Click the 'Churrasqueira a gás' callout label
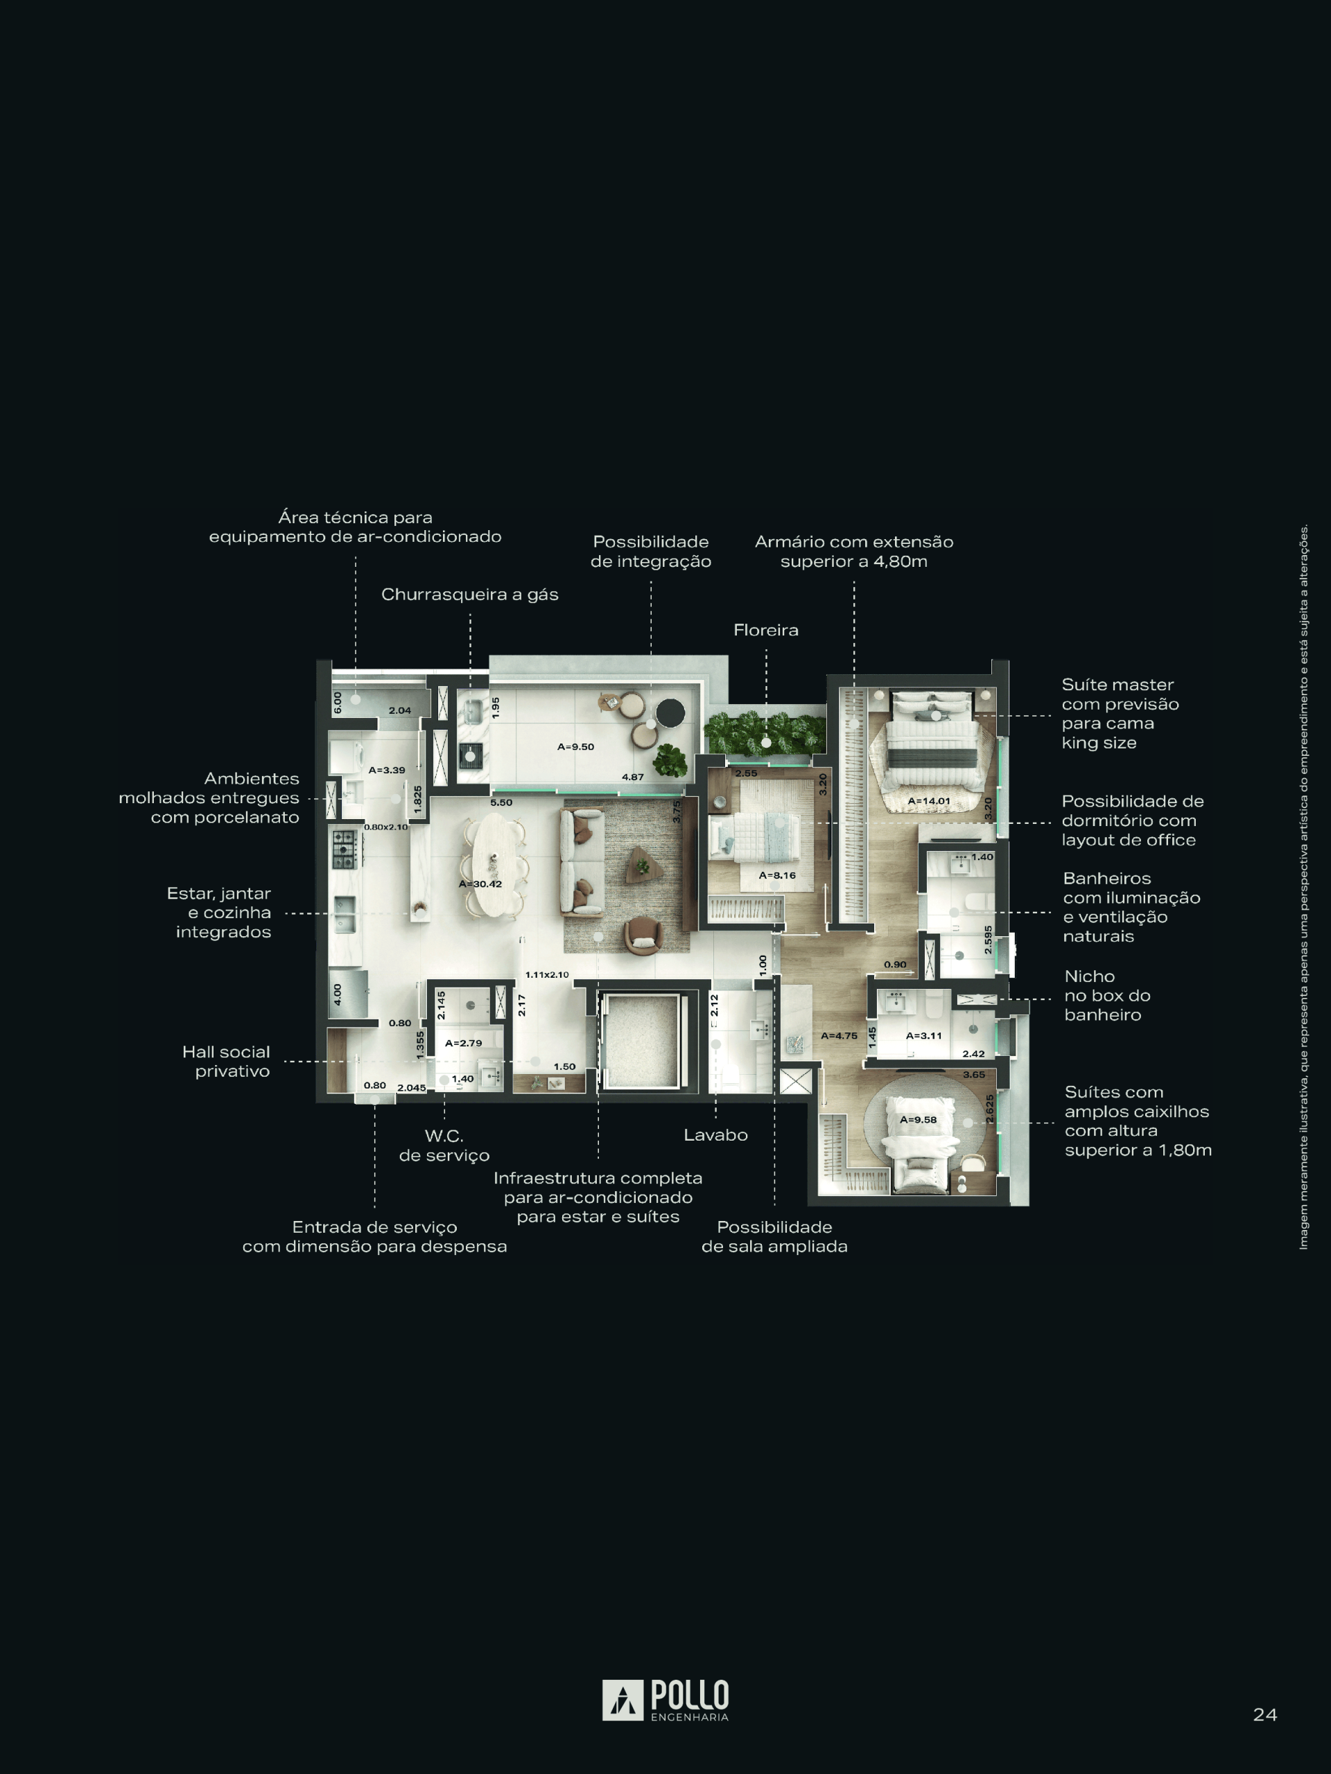[x=469, y=595]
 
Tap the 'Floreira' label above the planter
[x=766, y=631]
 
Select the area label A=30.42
[x=480, y=884]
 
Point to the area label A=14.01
[x=929, y=800]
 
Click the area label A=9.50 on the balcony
[x=576, y=746]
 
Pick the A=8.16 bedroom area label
[x=777, y=875]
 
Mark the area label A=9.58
[x=919, y=1120]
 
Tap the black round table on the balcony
[x=670, y=712]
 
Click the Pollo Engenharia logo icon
[x=623, y=1701]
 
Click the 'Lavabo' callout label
[x=715, y=1135]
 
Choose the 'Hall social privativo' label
[x=226, y=1061]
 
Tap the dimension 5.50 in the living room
[x=501, y=802]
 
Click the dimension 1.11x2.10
[x=547, y=974]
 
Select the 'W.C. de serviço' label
[x=444, y=1145]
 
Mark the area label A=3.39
[x=387, y=770]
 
